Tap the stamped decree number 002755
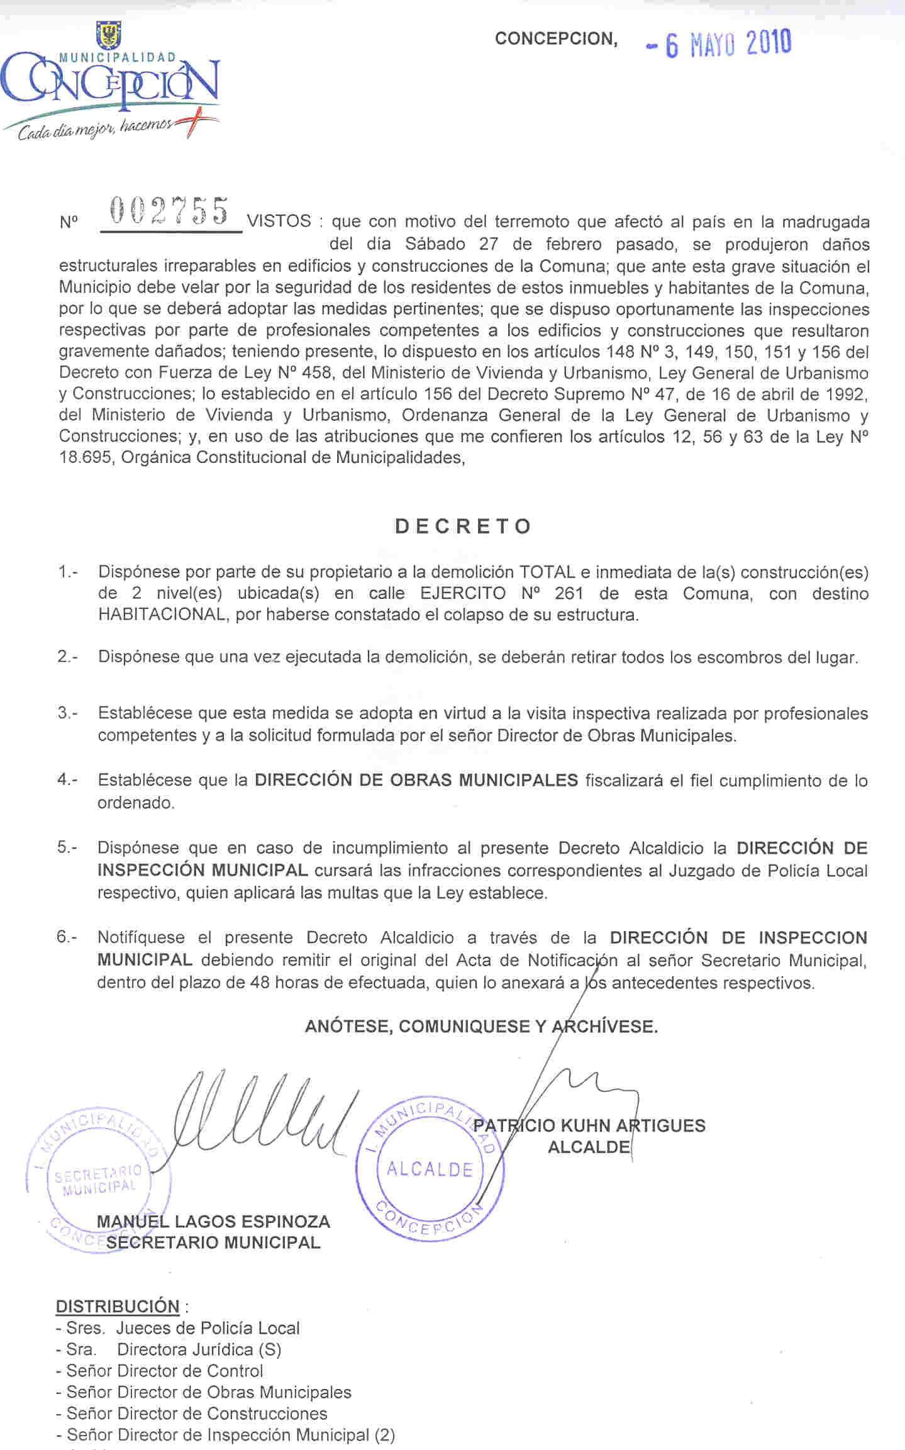coord(169,211)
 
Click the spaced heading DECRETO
coord(464,526)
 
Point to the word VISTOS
coord(279,221)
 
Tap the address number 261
coord(569,593)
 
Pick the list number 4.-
coord(67,779)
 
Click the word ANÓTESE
coord(348,1027)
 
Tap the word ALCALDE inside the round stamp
coord(430,1169)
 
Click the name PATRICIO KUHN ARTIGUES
coord(589,1125)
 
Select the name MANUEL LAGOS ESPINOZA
coord(213,1222)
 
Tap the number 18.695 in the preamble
coord(86,457)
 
